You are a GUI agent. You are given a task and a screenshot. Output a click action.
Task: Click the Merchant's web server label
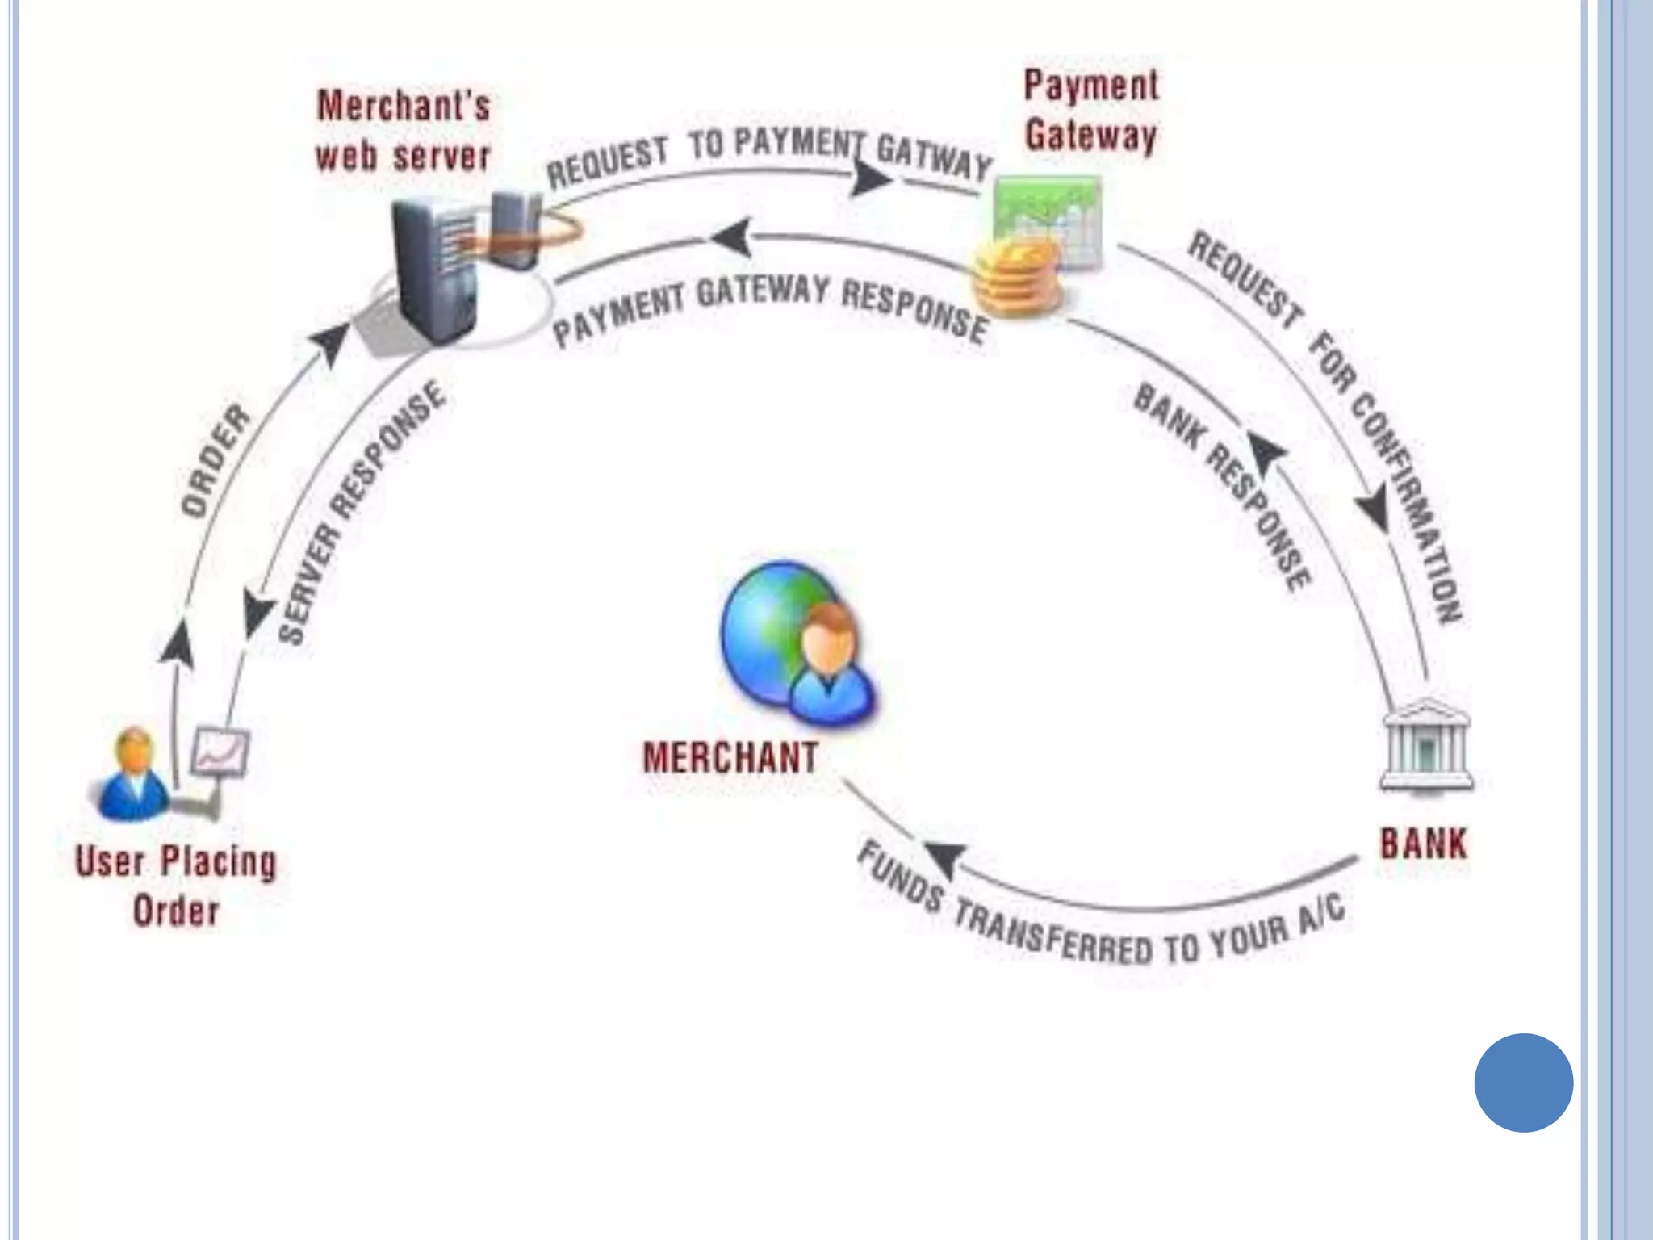point(403,131)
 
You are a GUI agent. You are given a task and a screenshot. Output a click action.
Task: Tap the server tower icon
point(436,270)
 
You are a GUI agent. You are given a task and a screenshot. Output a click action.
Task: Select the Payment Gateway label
point(1091,111)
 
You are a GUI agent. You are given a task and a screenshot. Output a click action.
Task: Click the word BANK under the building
point(1423,844)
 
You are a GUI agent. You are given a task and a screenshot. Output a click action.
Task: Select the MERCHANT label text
point(730,758)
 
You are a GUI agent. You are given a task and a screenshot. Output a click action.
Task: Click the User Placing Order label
point(176,886)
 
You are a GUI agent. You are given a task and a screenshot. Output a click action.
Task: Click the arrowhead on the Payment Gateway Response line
point(731,238)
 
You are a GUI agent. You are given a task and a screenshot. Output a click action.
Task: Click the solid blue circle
point(1523,1083)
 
